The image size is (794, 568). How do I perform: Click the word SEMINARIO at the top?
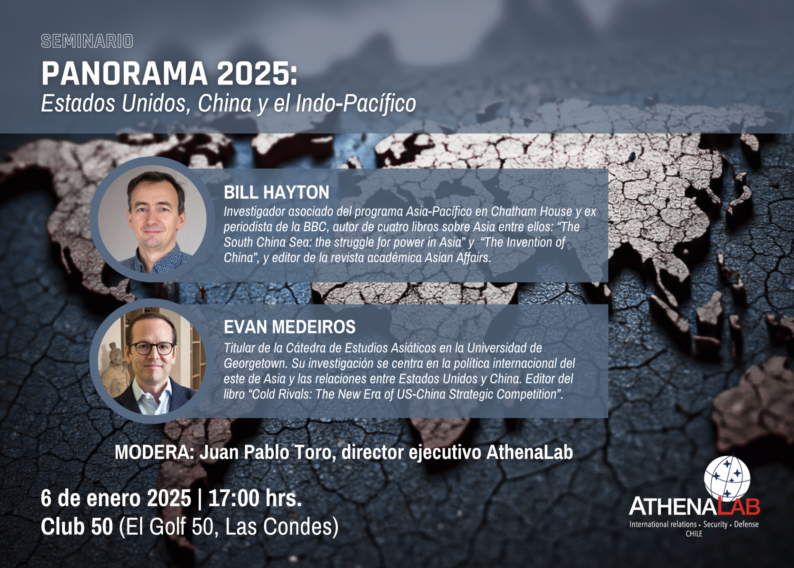tap(87, 41)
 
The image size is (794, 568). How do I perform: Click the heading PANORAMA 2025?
tap(169, 74)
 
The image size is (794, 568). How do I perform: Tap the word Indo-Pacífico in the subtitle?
tap(356, 103)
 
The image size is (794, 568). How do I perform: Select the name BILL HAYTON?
tap(276, 192)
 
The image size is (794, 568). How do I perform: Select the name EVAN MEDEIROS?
tap(289, 327)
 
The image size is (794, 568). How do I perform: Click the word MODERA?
tap(154, 452)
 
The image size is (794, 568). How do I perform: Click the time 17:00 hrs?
tap(255, 498)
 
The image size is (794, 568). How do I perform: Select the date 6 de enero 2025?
tap(116, 498)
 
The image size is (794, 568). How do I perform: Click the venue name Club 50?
tap(77, 527)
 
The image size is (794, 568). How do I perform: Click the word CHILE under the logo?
tap(694, 534)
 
